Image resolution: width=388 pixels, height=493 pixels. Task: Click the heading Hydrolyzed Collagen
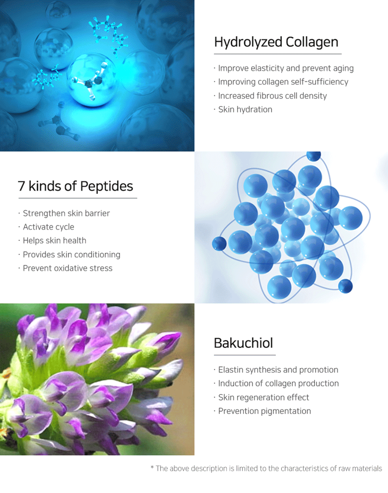pyautogui.click(x=276, y=42)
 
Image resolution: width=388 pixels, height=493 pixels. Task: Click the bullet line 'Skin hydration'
pyautogui.click(x=245, y=110)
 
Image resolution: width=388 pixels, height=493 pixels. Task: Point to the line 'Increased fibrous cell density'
pyautogui.click(x=272, y=96)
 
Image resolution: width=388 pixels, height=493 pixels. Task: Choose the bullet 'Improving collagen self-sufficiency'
pyautogui.click(x=283, y=82)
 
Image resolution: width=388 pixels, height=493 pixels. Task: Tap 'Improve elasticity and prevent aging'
pyautogui.click(x=286, y=68)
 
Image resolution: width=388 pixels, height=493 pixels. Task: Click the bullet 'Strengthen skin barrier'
pyautogui.click(x=66, y=213)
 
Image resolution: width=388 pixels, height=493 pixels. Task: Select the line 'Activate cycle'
pyautogui.click(x=49, y=227)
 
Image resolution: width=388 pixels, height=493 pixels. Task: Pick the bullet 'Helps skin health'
pyautogui.click(x=55, y=241)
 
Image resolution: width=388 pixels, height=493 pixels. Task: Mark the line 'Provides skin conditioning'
pyautogui.click(x=72, y=255)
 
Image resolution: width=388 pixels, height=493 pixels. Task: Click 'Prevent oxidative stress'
pyautogui.click(x=68, y=268)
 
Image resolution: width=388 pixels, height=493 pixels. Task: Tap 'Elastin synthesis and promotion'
pyautogui.click(x=278, y=370)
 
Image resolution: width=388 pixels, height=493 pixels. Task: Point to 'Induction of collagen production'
pyautogui.click(x=279, y=383)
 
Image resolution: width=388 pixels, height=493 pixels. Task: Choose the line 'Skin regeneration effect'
pyautogui.click(x=263, y=398)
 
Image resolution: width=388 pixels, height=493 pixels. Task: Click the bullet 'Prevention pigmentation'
pyautogui.click(x=265, y=411)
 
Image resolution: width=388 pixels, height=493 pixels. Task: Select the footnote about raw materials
pyautogui.click(x=266, y=468)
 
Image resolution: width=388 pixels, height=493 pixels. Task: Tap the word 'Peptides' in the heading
pyautogui.click(x=107, y=187)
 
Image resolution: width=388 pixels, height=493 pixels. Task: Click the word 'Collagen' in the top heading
pyautogui.click(x=312, y=42)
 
